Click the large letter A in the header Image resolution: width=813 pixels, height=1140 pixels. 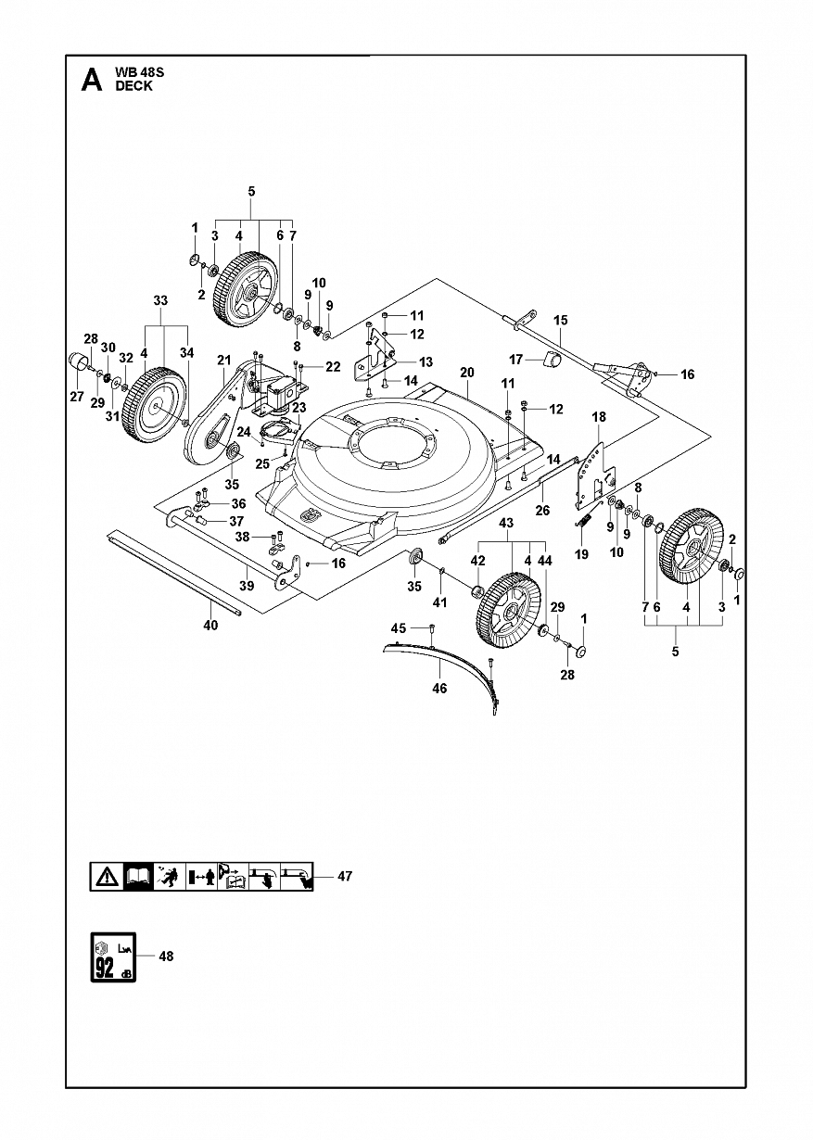pos(92,81)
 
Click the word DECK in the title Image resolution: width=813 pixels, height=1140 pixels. pos(133,86)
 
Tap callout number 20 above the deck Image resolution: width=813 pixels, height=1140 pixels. pos(466,373)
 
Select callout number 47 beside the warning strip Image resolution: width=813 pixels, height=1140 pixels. pos(345,877)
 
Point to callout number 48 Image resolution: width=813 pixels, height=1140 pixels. pos(166,956)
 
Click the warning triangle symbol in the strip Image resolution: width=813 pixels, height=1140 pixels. pos(107,877)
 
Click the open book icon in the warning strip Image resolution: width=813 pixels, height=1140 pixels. pos(138,877)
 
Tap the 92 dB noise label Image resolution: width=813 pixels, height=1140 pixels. pos(113,957)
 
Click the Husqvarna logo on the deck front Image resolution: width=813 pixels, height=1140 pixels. pos(309,516)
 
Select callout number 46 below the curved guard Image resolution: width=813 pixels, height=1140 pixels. pos(438,688)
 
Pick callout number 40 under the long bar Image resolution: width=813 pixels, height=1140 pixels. pos(210,625)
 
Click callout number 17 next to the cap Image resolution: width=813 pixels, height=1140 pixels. pos(515,360)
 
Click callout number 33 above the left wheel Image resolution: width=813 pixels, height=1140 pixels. pos(160,301)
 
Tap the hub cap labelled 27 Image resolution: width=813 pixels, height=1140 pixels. pos(79,361)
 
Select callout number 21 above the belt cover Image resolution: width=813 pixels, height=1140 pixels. pos(224,361)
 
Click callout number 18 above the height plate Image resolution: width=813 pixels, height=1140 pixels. pos(599,416)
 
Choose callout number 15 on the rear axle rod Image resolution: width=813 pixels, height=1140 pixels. pos(560,321)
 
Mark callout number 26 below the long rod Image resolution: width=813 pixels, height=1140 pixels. pos(542,510)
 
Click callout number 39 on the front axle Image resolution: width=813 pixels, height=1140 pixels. pos(247,586)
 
